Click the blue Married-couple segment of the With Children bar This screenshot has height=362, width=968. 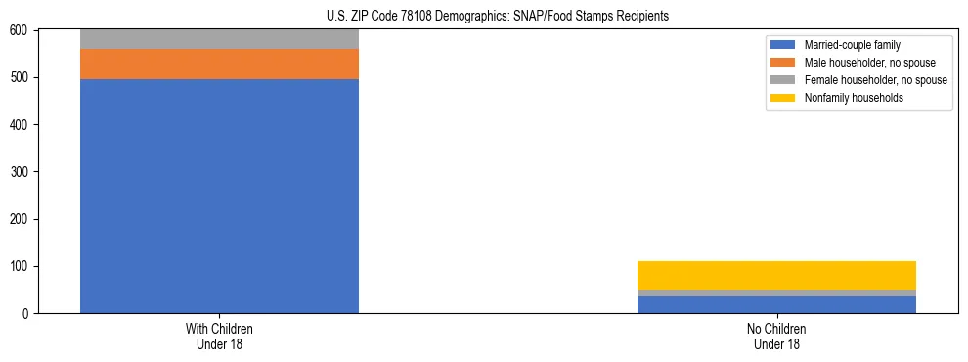(x=219, y=196)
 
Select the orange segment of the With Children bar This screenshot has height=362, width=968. (x=219, y=64)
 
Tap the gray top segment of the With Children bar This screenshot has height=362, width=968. (x=219, y=39)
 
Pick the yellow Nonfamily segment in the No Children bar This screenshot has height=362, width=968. (x=776, y=275)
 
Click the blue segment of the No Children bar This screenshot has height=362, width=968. (x=776, y=305)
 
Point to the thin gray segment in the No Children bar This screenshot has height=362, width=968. (x=776, y=293)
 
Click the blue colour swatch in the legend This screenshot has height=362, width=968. (x=783, y=45)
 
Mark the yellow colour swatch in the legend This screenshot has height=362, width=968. (x=783, y=98)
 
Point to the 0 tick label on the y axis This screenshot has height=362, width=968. (x=26, y=314)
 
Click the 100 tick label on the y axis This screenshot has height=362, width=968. (x=21, y=267)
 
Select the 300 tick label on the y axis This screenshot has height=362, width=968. (x=21, y=172)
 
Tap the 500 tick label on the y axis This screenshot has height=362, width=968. (x=21, y=78)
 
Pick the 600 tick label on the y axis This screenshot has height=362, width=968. (x=21, y=31)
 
